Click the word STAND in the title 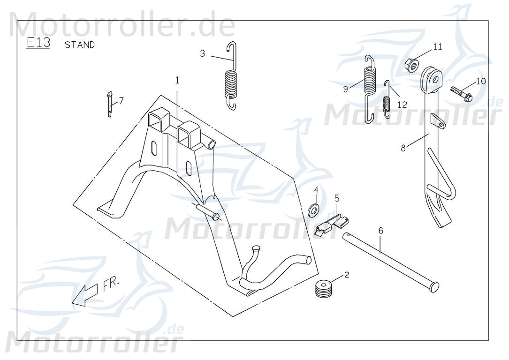tap(80, 45)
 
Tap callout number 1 tap(177, 80)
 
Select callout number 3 tap(202, 53)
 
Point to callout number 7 tap(121, 100)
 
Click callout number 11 tap(437, 46)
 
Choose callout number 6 tap(380, 230)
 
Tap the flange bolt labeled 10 tap(462, 92)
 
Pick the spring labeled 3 tap(230, 77)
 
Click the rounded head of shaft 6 tap(434, 286)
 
